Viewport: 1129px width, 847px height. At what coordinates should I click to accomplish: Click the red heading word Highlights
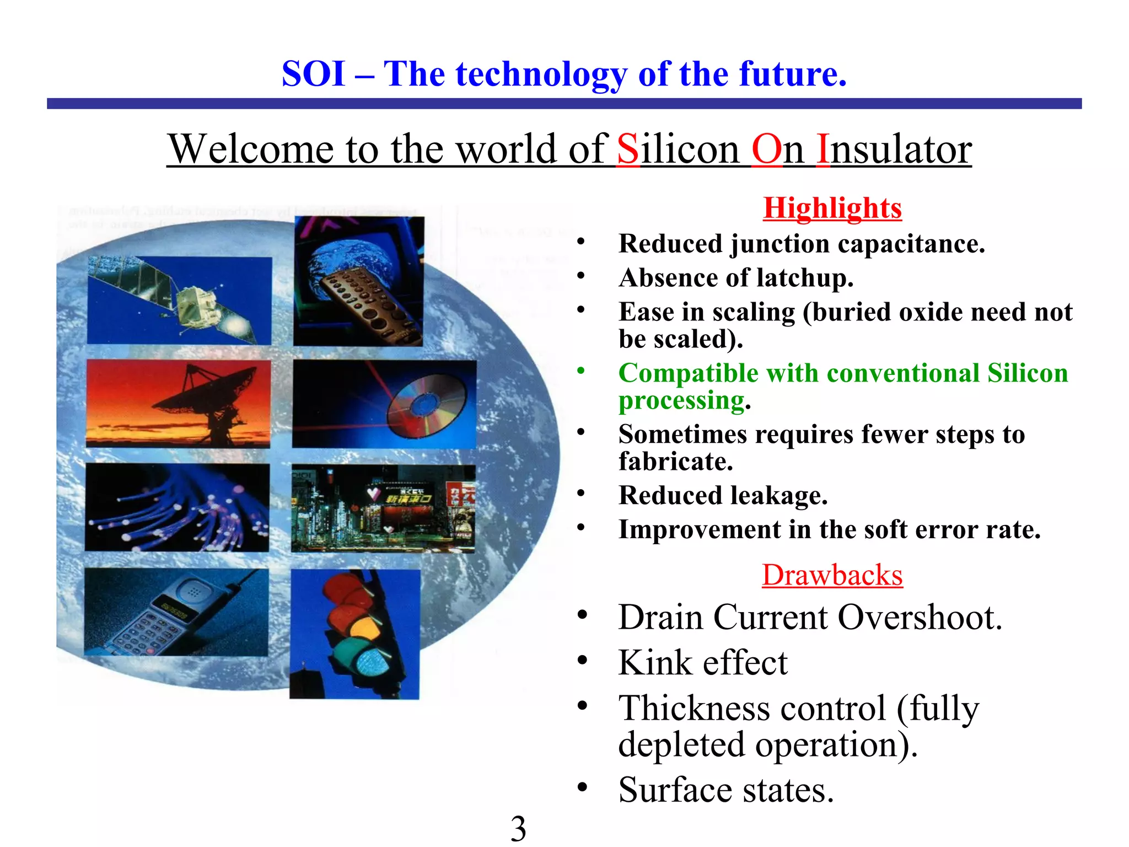(832, 208)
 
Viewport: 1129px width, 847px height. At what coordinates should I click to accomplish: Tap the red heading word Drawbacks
(832, 575)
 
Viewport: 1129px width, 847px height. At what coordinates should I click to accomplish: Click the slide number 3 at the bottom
(518, 828)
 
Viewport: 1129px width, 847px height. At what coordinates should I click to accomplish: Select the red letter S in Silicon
(628, 149)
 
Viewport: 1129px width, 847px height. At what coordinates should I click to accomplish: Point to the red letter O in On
(766, 149)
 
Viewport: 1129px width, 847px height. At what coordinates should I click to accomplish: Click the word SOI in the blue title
(313, 74)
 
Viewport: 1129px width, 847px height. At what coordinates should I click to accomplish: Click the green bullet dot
(580, 371)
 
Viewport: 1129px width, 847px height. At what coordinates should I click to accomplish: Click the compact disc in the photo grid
(426, 405)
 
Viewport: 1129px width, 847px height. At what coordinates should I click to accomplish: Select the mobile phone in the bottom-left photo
(171, 612)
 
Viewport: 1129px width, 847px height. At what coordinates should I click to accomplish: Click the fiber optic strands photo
(177, 508)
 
